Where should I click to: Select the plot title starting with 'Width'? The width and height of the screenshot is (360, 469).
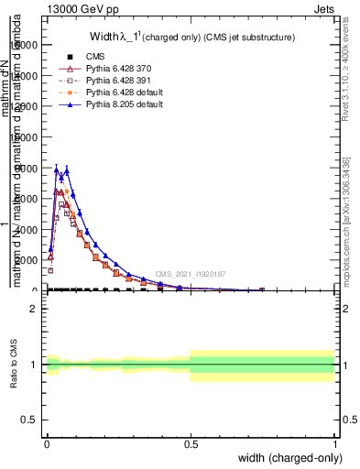[x=191, y=38]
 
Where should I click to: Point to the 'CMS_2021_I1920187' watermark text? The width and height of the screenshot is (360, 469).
[x=190, y=274]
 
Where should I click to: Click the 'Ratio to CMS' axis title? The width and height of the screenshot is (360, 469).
[x=14, y=364]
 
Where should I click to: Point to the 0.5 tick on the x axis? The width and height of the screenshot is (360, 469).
[x=191, y=442]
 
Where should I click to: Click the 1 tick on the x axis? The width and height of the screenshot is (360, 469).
[x=334, y=442]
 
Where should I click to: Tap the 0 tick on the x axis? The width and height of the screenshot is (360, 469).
[x=47, y=442]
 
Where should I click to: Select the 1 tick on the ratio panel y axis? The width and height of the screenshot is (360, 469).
[x=34, y=365]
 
